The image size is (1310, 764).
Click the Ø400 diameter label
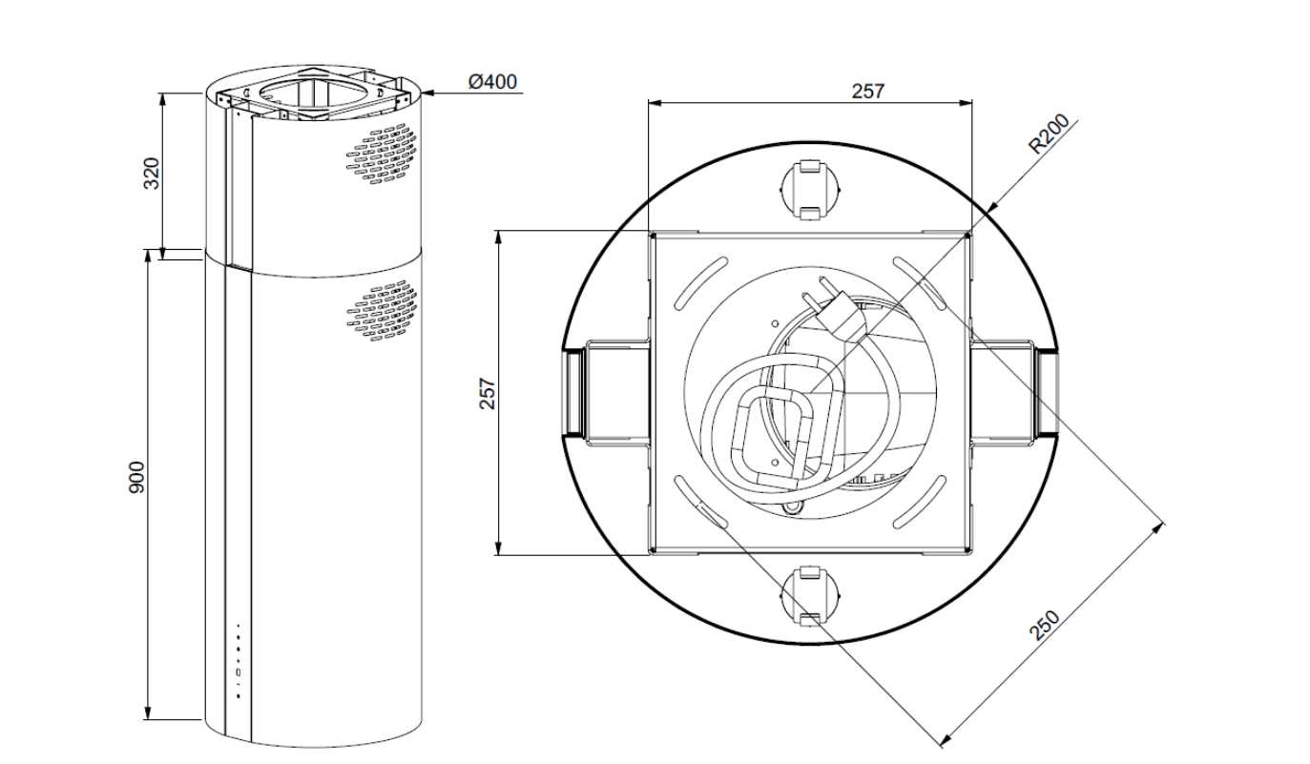(x=492, y=82)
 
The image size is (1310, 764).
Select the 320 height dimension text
(x=152, y=173)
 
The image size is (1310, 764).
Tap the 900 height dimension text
(x=136, y=478)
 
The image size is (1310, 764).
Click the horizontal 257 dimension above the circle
(x=868, y=92)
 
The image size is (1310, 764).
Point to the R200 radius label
(x=1050, y=134)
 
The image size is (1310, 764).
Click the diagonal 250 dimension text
(x=1044, y=626)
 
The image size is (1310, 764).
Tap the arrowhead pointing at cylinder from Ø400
(x=426, y=93)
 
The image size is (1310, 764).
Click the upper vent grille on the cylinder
(x=382, y=154)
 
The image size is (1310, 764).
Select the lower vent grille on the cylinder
(x=382, y=310)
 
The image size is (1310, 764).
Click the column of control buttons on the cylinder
(x=238, y=661)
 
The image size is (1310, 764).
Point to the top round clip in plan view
(x=810, y=190)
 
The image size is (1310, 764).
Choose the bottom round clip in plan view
(x=810, y=596)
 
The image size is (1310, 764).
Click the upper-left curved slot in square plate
(x=701, y=283)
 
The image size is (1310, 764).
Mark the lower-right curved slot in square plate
(x=920, y=502)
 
